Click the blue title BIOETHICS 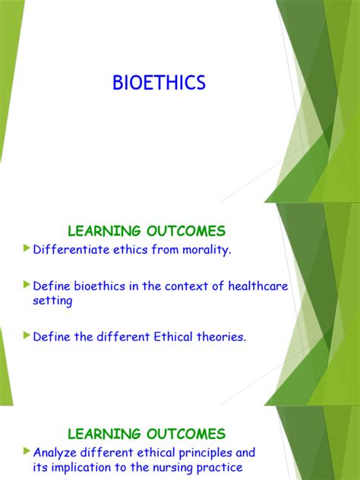click(159, 83)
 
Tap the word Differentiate click(71, 249)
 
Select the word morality click(207, 250)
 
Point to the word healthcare click(258, 286)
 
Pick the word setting click(52, 301)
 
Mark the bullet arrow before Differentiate click(27, 248)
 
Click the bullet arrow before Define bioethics click(27, 284)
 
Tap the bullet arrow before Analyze click(27, 451)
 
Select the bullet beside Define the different click(27, 335)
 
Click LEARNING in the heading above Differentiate click(104, 231)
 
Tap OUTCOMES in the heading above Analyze click(186, 434)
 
